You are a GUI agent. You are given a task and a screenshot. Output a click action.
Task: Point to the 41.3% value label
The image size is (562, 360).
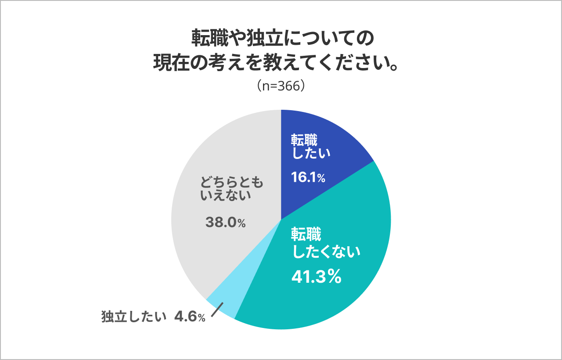[317, 277]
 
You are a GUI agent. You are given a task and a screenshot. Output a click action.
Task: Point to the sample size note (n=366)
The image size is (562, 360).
[281, 86]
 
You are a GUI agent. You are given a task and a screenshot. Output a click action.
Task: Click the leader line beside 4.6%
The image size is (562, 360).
[218, 309]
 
